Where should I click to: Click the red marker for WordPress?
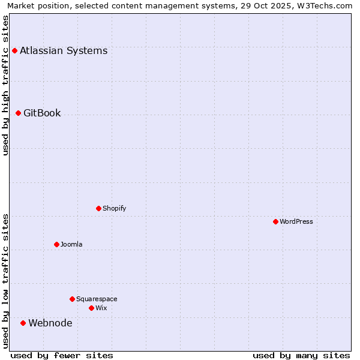pyautogui.click(x=275, y=221)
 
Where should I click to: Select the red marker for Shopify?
pyautogui.click(x=98, y=208)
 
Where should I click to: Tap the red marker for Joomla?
pyautogui.click(x=56, y=244)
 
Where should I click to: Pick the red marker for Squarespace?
pyautogui.click(x=72, y=299)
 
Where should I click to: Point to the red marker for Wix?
pyautogui.click(x=91, y=308)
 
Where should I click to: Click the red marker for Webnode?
pyautogui.click(x=23, y=323)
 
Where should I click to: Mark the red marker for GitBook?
pyautogui.click(x=18, y=113)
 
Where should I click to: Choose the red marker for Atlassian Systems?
pyautogui.click(x=14, y=50)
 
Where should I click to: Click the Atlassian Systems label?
pyautogui.click(x=64, y=50)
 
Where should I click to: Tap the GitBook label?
pyautogui.click(x=42, y=113)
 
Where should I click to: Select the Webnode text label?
pyautogui.click(x=50, y=323)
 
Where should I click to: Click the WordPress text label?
pyautogui.click(x=296, y=221)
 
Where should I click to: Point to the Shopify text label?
pyautogui.click(x=115, y=208)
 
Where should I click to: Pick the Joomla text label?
pyautogui.click(x=71, y=244)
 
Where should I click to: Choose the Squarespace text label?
pyautogui.click(x=97, y=299)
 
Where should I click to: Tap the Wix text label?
pyautogui.click(x=101, y=308)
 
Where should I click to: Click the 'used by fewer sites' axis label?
pyautogui.click(x=62, y=355)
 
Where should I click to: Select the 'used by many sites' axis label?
pyautogui.click(x=301, y=355)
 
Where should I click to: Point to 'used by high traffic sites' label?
pyautogui.click(x=5, y=85)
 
